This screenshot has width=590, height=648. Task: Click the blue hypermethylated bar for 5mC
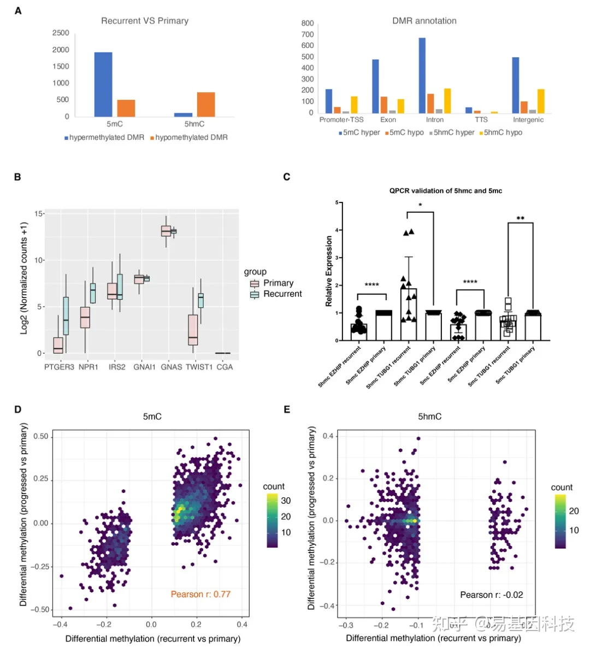[103, 84]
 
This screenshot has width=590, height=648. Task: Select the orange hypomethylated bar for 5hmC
[206, 104]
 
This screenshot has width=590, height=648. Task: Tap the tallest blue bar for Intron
[422, 75]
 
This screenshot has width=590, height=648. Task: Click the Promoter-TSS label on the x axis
[341, 120]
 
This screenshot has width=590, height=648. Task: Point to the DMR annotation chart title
[424, 21]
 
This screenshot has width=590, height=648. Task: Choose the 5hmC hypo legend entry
[503, 132]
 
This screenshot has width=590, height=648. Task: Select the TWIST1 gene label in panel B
[199, 367]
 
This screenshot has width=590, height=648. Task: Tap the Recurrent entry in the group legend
[282, 294]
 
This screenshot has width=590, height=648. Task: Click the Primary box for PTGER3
[58, 345]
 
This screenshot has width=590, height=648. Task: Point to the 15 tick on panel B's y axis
[39, 213]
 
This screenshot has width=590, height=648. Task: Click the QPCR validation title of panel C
[445, 191]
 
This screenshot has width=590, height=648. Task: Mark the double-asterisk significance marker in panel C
[520, 219]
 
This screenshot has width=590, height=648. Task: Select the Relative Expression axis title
[329, 271]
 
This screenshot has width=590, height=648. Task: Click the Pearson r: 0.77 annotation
[200, 594]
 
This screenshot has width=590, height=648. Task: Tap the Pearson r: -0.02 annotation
[491, 595]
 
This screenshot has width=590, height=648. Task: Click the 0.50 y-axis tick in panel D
[41, 436]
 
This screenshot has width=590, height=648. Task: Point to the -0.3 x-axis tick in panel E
[344, 625]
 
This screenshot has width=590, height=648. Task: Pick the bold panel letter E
[287, 409]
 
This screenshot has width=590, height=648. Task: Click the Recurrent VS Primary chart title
[145, 21]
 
